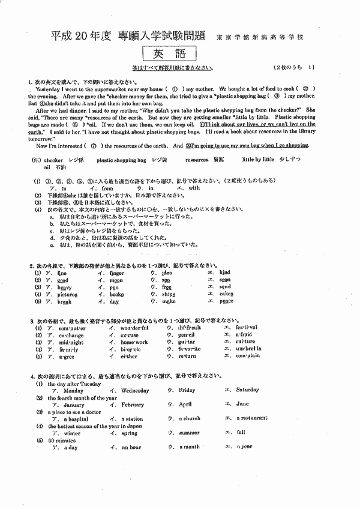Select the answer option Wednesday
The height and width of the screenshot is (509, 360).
135,390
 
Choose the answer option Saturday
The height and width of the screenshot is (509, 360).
248,390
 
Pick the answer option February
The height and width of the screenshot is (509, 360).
133,405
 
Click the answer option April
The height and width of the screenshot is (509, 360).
185,405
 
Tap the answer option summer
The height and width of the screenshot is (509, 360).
189,433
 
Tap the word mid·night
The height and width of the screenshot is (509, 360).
70,342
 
